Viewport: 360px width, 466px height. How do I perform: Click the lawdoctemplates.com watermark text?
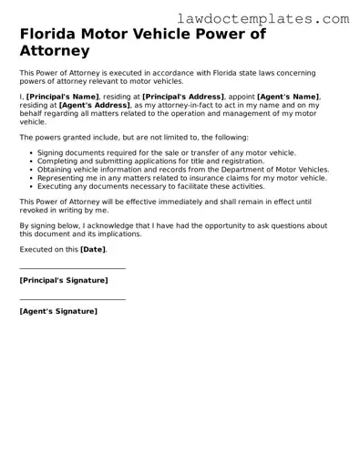pyautogui.click(x=265, y=17)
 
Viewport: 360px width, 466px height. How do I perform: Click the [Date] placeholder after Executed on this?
pyautogui.click(x=93, y=249)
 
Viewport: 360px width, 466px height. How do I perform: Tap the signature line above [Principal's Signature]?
pyautogui.click(x=73, y=269)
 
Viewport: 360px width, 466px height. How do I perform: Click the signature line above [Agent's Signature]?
pyautogui.click(x=73, y=299)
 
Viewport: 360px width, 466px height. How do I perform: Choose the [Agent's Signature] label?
pyautogui.click(x=58, y=311)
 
